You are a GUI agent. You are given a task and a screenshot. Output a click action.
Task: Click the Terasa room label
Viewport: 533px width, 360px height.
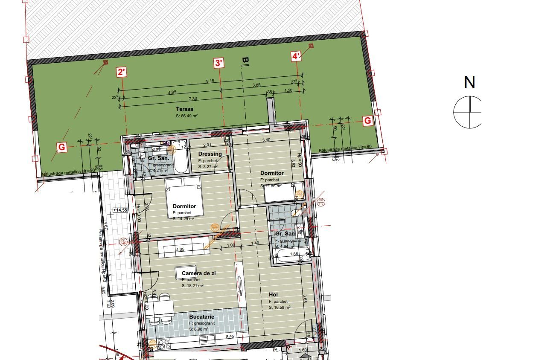click(x=184, y=109)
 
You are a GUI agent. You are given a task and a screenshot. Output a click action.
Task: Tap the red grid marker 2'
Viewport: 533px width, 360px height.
click(x=122, y=72)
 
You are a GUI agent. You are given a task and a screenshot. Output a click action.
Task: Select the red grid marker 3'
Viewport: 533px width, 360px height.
click(x=218, y=63)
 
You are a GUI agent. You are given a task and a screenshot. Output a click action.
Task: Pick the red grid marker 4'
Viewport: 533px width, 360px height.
click(x=296, y=56)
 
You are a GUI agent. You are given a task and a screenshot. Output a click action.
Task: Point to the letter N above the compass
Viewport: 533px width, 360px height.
click(x=469, y=82)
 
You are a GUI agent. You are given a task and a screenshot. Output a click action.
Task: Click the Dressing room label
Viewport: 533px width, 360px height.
click(x=210, y=154)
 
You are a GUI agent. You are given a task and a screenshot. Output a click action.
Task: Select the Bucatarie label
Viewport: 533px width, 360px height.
click(x=201, y=317)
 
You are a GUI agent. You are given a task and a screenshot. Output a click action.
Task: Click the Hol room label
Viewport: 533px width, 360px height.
click(x=273, y=295)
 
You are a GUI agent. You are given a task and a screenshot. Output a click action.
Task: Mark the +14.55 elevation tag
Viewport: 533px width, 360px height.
click(x=120, y=210)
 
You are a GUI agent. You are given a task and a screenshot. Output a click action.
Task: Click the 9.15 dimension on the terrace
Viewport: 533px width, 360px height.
click(x=210, y=81)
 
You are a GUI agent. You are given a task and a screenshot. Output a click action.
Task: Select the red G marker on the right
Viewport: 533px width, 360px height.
click(x=367, y=121)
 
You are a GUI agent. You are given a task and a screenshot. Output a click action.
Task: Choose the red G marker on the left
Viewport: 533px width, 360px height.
click(x=62, y=148)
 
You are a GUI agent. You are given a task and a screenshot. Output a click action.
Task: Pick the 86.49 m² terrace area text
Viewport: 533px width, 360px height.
click(x=186, y=116)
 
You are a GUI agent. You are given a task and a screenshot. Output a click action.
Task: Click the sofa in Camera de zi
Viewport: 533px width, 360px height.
click(x=181, y=248)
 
